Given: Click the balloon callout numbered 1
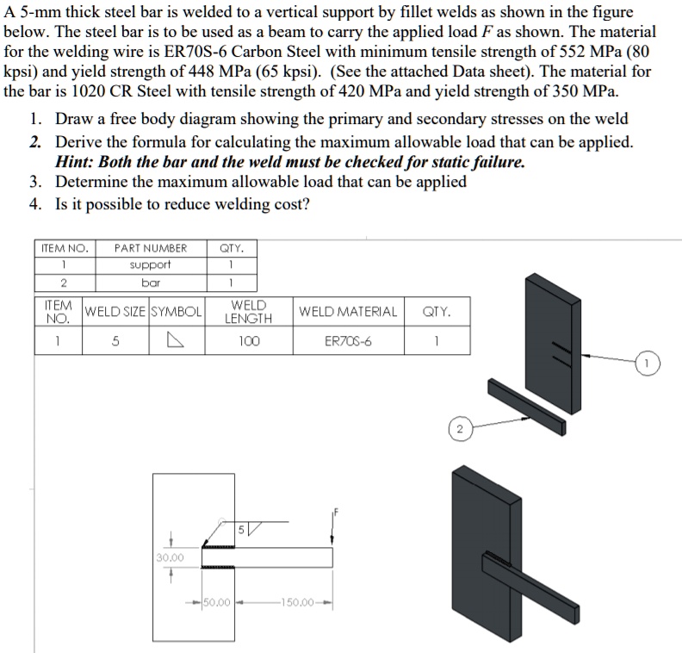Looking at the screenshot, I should pyautogui.click(x=647, y=364).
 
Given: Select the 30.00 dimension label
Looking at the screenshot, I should pyautogui.click(x=170, y=557).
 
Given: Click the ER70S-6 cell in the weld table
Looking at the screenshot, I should pyautogui.click(x=348, y=340).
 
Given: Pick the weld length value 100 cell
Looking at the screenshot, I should pyautogui.click(x=249, y=340).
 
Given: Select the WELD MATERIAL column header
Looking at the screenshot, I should pyautogui.click(x=348, y=311).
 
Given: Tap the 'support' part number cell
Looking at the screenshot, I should pyautogui.click(x=151, y=264).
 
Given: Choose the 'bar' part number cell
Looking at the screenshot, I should pyautogui.click(x=151, y=282).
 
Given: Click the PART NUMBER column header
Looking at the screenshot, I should pyautogui.click(x=151, y=248).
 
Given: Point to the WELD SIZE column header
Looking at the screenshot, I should pyautogui.click(x=115, y=311).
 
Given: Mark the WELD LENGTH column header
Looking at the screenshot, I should pyautogui.click(x=249, y=311).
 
